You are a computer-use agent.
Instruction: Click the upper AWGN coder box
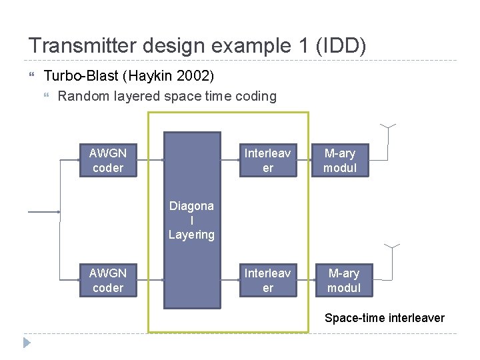coord(107,161)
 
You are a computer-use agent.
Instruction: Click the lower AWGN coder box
coord(107,281)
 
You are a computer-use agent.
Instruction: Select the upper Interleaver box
coord(267,161)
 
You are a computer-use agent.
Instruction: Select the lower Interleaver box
coord(267,281)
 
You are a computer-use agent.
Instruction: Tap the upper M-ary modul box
coord(340,161)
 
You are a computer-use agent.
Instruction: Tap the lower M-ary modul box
coord(343,281)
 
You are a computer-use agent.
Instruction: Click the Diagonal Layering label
coord(191,220)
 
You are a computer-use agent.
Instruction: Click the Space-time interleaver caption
coord(384,318)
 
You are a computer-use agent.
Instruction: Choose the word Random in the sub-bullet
coord(82,96)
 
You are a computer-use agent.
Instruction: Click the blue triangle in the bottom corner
coord(27,343)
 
